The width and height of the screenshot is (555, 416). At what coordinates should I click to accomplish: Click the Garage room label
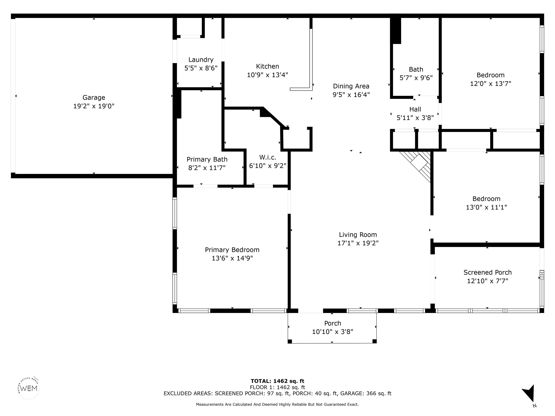pos(94,97)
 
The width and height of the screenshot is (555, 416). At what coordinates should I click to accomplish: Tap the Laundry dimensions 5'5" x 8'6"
pos(201,68)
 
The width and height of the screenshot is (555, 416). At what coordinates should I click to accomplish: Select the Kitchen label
pos(267,66)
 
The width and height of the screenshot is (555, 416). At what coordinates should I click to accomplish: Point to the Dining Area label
pos(351,86)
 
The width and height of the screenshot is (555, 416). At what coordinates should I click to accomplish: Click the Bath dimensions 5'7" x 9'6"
pos(416,78)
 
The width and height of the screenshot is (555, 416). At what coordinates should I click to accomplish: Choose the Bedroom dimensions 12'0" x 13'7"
pos(491,83)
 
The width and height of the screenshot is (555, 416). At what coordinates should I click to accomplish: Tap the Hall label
pos(415,109)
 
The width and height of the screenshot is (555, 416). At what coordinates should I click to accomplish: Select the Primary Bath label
pos(207,159)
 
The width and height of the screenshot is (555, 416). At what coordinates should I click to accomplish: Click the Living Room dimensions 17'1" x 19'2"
pos(358,243)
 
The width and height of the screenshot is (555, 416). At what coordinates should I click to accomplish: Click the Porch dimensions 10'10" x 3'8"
pos(332,332)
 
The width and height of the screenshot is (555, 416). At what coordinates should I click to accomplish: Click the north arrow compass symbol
pos(529,393)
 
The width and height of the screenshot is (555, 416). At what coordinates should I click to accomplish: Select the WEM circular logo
pos(29,388)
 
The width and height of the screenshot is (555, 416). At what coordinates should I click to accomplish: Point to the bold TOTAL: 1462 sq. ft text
pos(277,381)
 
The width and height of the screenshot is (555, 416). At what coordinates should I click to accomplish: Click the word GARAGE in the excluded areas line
pos(351,393)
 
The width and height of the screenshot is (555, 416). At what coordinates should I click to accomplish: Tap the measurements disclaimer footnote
pos(277,404)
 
